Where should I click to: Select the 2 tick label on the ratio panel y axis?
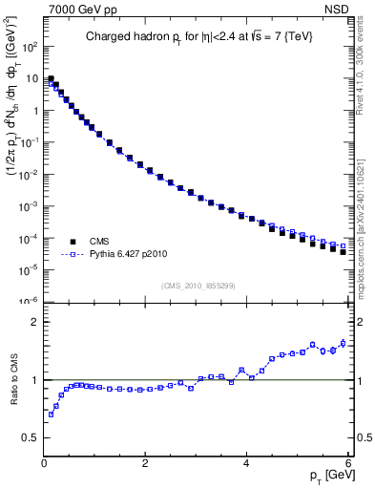(33, 322)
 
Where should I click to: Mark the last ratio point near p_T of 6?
(343, 343)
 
